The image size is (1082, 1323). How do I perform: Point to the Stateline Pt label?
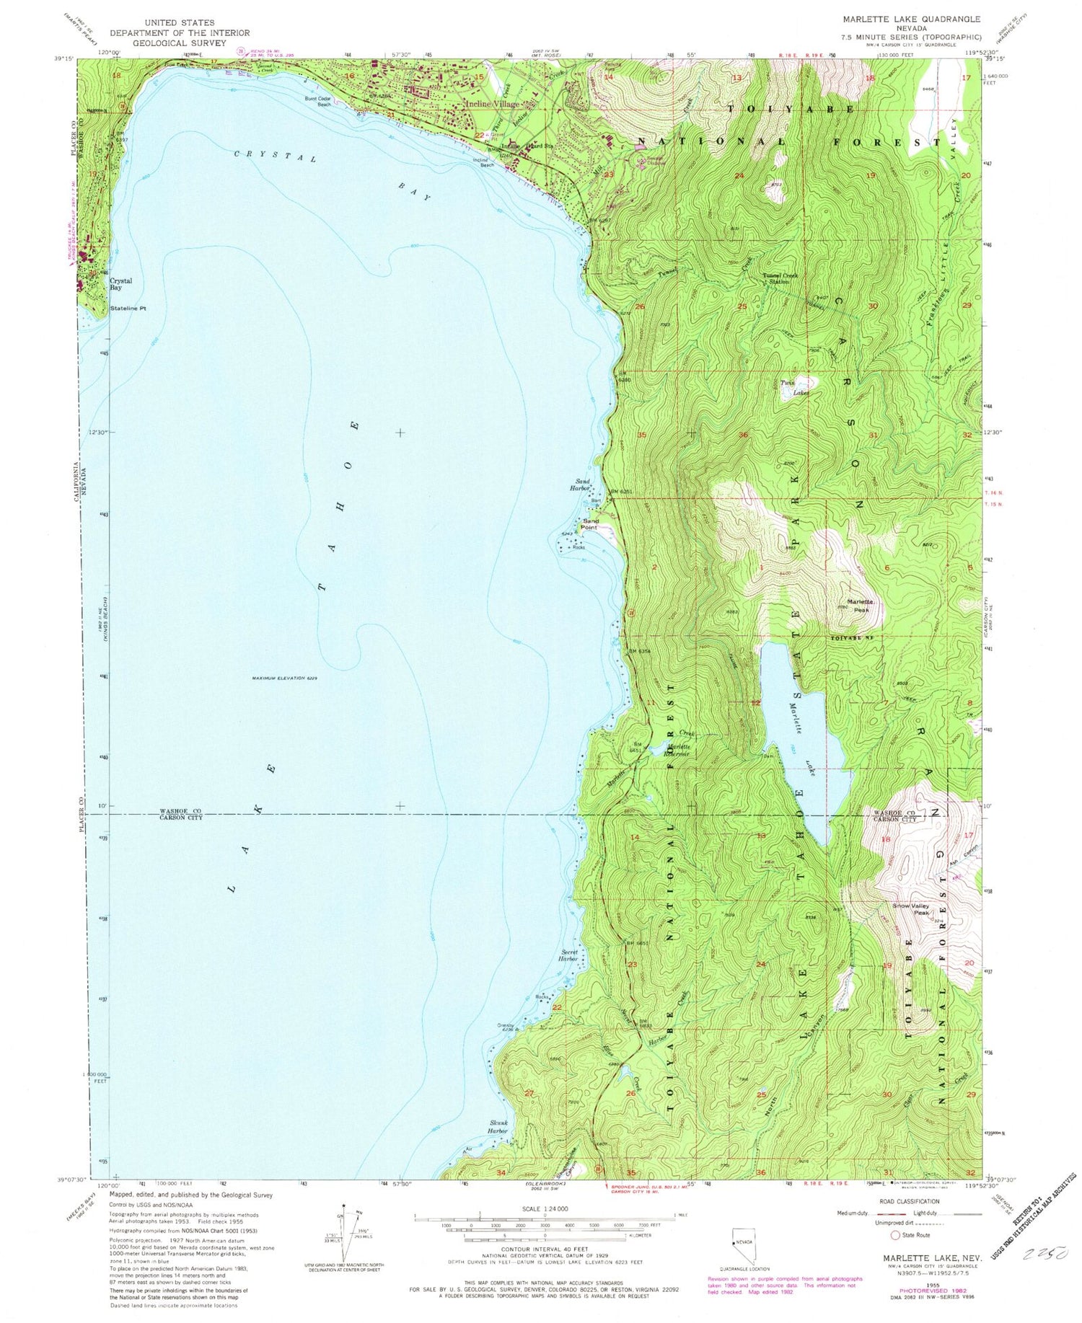click(x=128, y=309)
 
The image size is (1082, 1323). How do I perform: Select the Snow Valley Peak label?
click(x=912, y=909)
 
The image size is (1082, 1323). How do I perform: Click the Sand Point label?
click(x=591, y=524)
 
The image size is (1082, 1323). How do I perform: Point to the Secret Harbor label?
click(x=570, y=955)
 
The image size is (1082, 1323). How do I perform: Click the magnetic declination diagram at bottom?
click(x=344, y=1233)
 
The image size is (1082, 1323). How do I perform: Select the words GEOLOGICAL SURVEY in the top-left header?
click(x=180, y=43)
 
